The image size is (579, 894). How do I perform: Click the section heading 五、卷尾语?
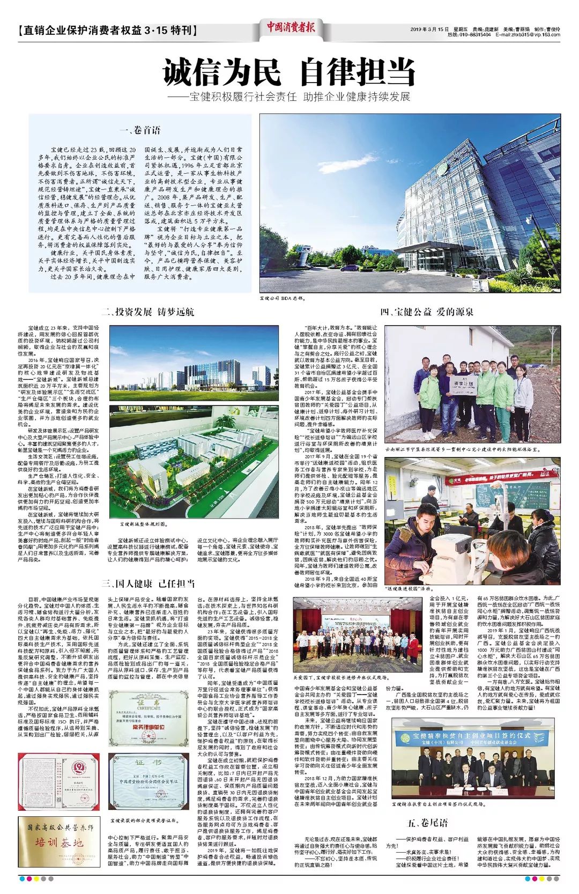pos(427,823)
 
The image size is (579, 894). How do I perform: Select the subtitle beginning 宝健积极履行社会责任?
pos(289,97)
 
